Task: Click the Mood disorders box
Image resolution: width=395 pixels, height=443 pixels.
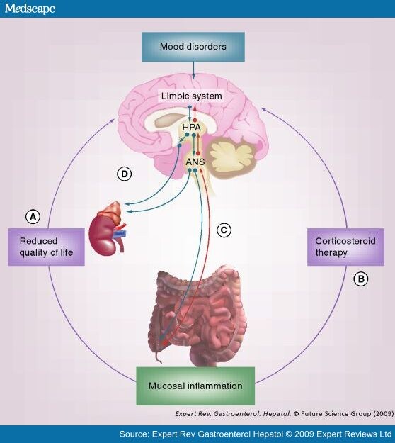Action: pos(193,48)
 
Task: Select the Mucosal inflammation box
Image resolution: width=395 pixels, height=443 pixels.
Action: pos(195,386)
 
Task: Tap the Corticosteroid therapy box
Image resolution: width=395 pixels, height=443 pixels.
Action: pos(345,247)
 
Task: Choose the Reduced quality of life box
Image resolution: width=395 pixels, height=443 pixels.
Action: pos(47,247)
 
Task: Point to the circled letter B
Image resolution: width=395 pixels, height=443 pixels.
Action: pos(360,279)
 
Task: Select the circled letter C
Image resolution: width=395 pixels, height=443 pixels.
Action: pos(224,230)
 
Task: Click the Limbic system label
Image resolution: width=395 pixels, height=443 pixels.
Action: pos(192,96)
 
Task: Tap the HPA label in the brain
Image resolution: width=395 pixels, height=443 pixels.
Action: pos(193,128)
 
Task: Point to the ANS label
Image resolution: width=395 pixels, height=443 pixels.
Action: pos(194,162)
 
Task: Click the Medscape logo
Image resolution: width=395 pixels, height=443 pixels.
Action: pos(30,9)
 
